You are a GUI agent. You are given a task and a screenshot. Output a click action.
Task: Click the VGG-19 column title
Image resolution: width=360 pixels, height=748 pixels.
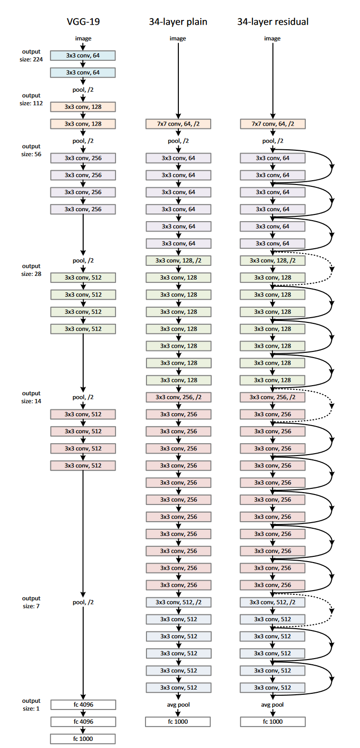click(83, 21)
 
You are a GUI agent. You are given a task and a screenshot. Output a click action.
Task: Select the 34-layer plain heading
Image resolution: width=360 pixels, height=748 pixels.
click(178, 21)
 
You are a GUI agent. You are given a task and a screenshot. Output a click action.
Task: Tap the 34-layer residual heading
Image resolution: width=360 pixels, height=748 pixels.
click(272, 21)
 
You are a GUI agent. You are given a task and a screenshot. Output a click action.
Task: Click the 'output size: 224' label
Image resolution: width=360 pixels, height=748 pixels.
click(31, 56)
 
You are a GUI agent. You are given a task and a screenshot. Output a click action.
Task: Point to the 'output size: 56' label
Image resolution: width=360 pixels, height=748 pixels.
click(31, 150)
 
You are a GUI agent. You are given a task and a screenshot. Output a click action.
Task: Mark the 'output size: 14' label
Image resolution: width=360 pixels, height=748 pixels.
click(31, 397)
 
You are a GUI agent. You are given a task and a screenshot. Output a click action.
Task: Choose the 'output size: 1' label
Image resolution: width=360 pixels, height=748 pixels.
click(31, 705)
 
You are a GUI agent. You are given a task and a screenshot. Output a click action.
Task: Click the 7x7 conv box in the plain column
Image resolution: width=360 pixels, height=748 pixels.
click(178, 124)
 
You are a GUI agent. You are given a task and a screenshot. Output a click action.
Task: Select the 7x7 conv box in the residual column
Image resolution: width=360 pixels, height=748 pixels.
click(272, 124)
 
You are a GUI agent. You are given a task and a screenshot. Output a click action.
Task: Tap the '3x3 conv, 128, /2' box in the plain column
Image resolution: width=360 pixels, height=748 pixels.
click(178, 261)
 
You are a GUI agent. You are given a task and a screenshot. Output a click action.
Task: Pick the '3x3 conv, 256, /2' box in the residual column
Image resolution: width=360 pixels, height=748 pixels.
click(272, 397)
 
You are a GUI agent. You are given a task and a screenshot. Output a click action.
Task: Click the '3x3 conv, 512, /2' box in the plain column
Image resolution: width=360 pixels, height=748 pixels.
click(178, 602)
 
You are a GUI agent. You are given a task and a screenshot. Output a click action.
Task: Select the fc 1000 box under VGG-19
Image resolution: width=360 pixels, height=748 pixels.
click(83, 739)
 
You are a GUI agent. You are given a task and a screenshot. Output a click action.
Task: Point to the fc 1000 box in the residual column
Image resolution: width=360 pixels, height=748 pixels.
click(272, 722)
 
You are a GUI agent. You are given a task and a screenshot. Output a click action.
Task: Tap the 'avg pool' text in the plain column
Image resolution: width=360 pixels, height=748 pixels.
click(178, 705)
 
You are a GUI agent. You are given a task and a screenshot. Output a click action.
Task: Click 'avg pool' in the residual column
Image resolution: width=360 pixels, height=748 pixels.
click(272, 705)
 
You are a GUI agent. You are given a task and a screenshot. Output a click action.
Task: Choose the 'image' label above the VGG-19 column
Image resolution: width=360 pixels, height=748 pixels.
click(83, 39)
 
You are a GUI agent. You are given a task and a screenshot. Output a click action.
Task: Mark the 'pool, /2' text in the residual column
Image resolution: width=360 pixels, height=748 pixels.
click(272, 141)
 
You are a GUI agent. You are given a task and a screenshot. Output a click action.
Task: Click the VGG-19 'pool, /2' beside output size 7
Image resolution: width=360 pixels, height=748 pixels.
click(83, 602)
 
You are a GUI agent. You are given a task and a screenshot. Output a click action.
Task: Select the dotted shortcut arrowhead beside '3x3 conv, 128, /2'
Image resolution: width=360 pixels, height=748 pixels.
click(332, 269)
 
